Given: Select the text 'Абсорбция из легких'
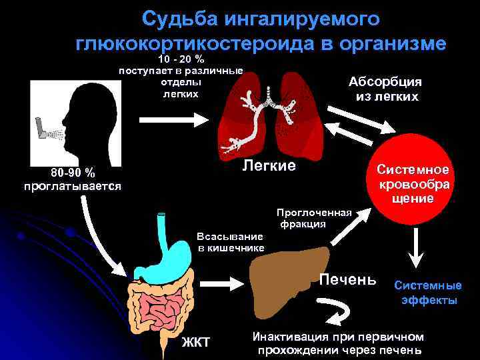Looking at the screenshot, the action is pos(386,89).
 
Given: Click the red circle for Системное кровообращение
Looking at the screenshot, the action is pos(413,180).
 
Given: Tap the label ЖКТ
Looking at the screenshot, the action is pos(196,343).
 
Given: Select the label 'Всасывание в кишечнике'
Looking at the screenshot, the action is pos(231,242).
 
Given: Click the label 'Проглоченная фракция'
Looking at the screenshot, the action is pos(313,218).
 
